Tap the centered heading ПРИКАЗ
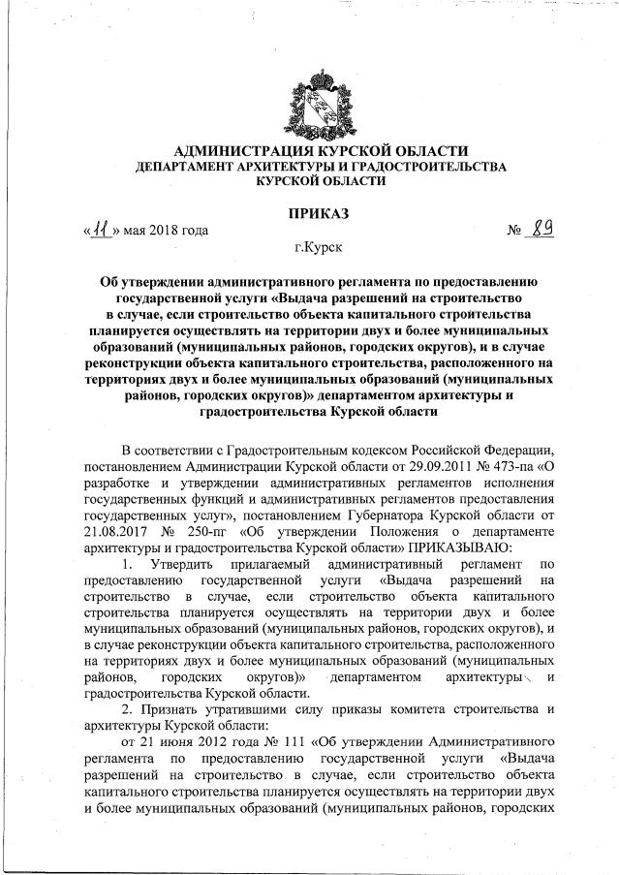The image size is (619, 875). point(309,212)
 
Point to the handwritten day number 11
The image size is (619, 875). point(101,231)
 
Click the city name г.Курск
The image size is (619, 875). point(309,249)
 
